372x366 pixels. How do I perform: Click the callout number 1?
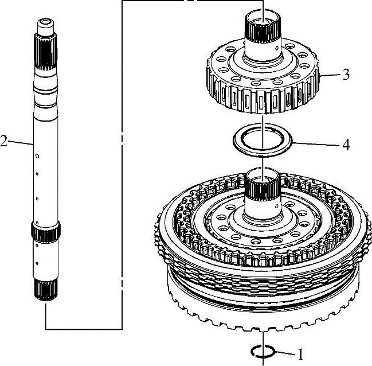[300, 354]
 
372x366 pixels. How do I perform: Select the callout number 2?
[3, 141]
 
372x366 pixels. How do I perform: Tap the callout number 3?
[346, 75]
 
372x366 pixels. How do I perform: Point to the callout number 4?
[346, 145]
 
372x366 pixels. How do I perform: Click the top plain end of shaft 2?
[45, 26]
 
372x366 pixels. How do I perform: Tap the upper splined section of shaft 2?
[45, 52]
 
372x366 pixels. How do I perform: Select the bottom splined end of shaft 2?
[46, 289]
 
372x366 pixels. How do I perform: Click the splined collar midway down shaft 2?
[46, 232]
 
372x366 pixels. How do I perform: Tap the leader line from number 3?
[330, 75]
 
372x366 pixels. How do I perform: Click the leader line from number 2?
[21, 143]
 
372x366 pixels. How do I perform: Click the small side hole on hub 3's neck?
[277, 48]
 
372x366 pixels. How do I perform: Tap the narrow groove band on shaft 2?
[45, 89]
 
